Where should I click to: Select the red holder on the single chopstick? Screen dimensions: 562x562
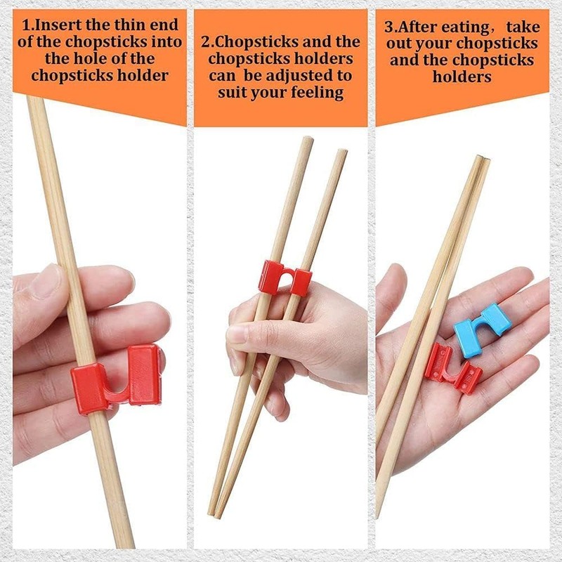[116, 377]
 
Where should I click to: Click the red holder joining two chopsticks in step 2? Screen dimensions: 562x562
[285, 277]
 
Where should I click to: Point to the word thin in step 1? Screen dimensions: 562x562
[133, 26]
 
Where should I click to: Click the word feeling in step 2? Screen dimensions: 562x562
[314, 93]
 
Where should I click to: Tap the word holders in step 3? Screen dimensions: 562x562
[462, 77]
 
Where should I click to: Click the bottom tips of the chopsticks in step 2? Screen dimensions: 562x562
[214, 511]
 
